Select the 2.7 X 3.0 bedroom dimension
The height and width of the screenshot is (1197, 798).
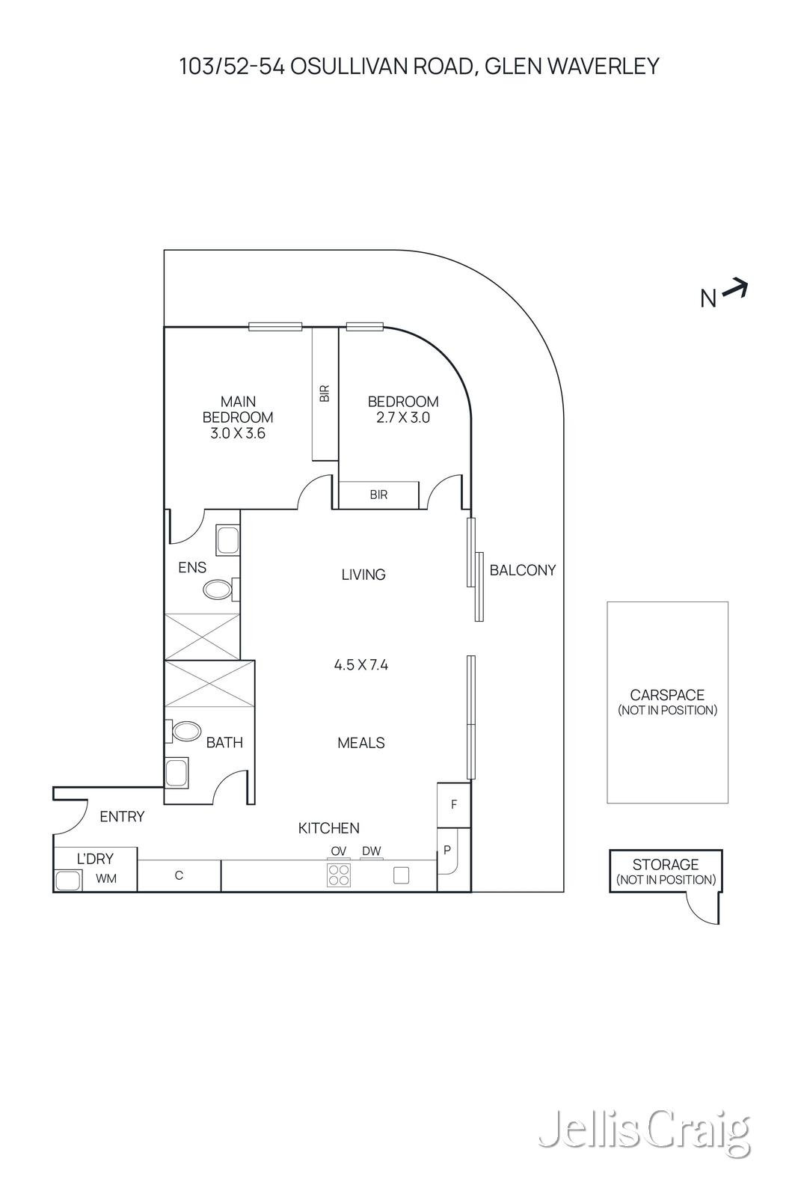click(x=403, y=418)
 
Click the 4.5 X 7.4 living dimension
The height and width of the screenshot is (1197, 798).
click(x=361, y=664)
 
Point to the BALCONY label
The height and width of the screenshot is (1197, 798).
click(x=523, y=570)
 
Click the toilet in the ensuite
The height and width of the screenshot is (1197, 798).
click(x=218, y=590)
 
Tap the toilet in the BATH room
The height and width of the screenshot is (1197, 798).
click(x=185, y=731)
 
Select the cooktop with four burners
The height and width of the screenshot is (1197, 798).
click(x=339, y=875)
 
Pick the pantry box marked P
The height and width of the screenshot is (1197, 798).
click(x=447, y=851)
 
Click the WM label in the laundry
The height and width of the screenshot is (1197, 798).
click(x=106, y=879)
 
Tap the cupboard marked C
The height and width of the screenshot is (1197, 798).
click(x=179, y=875)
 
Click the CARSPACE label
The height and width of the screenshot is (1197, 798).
click(x=667, y=695)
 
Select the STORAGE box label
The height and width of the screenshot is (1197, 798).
click(x=666, y=865)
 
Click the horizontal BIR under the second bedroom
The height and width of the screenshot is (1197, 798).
click(x=378, y=495)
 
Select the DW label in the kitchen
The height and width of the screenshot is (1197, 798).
click(x=371, y=851)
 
